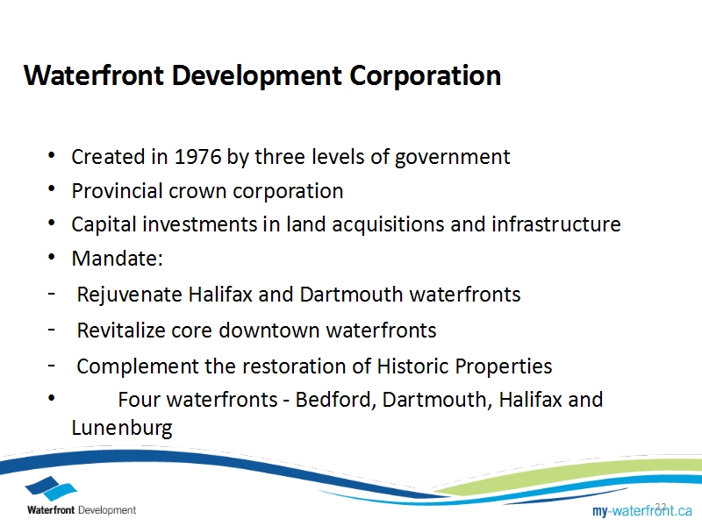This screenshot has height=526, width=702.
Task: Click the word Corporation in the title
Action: click(425, 75)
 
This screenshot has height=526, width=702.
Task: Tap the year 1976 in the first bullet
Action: click(197, 157)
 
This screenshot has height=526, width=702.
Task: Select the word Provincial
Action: click(117, 191)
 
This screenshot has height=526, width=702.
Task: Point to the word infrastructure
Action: click(556, 224)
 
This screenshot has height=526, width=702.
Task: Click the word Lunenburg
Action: click(122, 428)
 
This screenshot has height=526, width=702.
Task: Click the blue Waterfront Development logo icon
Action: click(51, 488)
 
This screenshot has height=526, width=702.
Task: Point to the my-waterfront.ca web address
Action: click(642, 510)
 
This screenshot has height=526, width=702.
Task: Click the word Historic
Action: click(412, 366)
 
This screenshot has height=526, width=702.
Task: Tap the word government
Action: click(452, 158)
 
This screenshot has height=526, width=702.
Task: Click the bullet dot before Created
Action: click(52, 156)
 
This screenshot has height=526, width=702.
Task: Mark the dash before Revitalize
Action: click(52, 331)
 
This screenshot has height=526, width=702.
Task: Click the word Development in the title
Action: click(257, 75)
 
